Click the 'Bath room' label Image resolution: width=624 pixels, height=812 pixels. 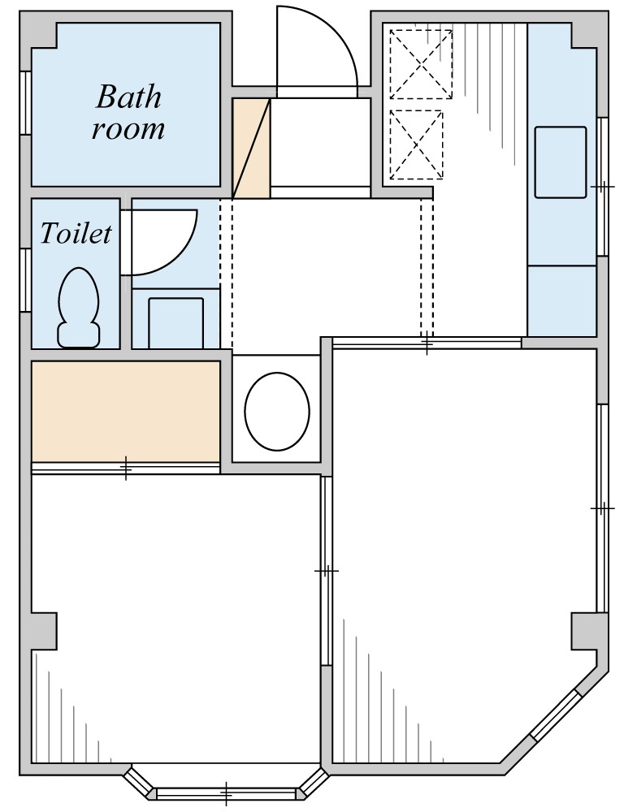pyautogui.click(x=128, y=112)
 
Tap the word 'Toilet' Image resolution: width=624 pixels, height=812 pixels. pyautogui.click(x=76, y=234)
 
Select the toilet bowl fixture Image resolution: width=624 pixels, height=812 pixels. pyautogui.click(x=78, y=308)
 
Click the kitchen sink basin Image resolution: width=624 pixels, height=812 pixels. pyautogui.click(x=561, y=162)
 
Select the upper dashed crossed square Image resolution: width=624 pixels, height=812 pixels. pyautogui.click(x=421, y=64)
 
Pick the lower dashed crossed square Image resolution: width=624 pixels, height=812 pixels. pyautogui.click(x=417, y=145)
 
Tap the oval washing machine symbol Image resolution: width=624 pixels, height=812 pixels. pyautogui.click(x=277, y=411)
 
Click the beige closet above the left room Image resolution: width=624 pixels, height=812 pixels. pyautogui.click(x=126, y=411)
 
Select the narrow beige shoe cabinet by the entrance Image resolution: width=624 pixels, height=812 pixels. pyautogui.click(x=251, y=148)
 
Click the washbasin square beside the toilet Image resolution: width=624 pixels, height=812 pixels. pyautogui.click(x=176, y=322)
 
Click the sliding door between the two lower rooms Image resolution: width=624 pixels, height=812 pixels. pyautogui.click(x=327, y=571)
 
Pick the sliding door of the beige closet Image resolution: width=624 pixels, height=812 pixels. pyautogui.click(x=126, y=468)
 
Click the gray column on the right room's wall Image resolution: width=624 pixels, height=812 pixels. pyautogui.click(x=584, y=631)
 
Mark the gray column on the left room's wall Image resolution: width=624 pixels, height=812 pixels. pyautogui.click(x=44, y=631)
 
